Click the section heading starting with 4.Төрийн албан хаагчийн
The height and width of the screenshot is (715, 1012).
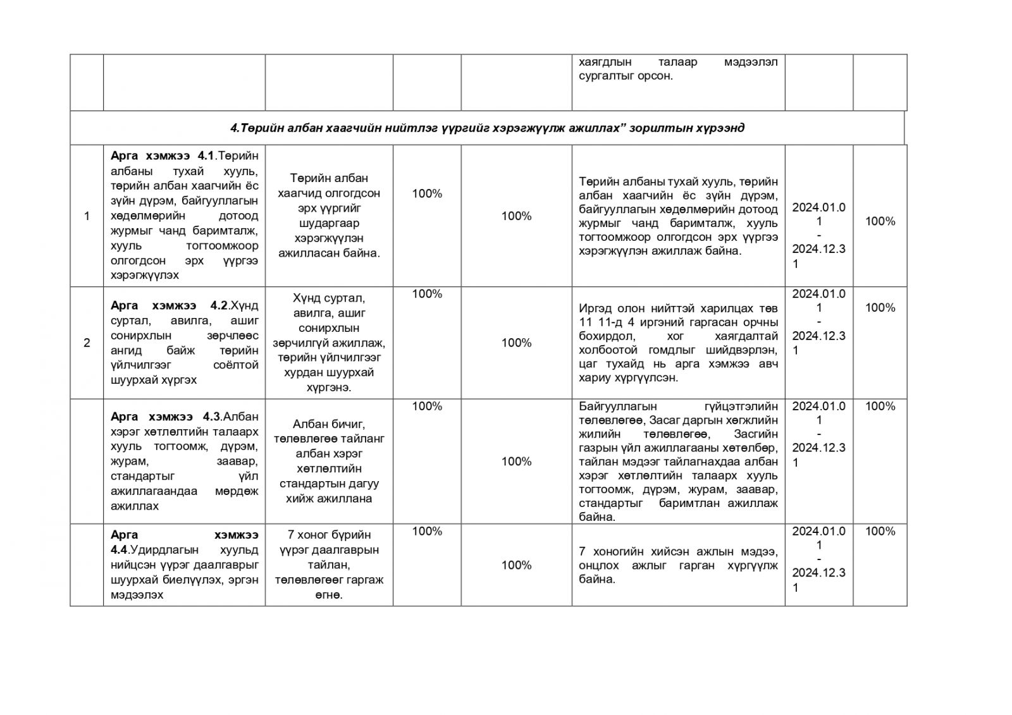(x=487, y=128)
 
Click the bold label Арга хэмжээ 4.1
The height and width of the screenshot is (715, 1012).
(x=164, y=156)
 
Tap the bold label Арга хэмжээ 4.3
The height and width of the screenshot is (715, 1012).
(x=165, y=417)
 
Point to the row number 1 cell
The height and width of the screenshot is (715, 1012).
(x=87, y=216)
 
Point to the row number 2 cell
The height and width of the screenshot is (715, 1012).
(x=87, y=343)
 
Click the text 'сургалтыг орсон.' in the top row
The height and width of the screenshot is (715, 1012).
(x=626, y=76)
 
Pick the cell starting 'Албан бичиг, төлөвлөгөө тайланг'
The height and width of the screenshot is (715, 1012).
(x=329, y=461)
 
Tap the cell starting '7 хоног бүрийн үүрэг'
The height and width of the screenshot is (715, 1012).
(x=329, y=565)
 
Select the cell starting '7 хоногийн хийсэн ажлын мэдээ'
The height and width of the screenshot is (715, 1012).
(x=678, y=565)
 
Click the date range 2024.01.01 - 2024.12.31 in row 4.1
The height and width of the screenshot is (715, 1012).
(x=818, y=235)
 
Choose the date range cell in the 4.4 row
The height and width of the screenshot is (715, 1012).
(x=818, y=559)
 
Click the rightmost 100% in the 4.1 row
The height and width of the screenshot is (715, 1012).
(x=880, y=221)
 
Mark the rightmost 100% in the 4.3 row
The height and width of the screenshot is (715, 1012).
(x=880, y=406)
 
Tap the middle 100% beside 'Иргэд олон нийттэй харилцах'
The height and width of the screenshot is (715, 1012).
(x=516, y=343)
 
